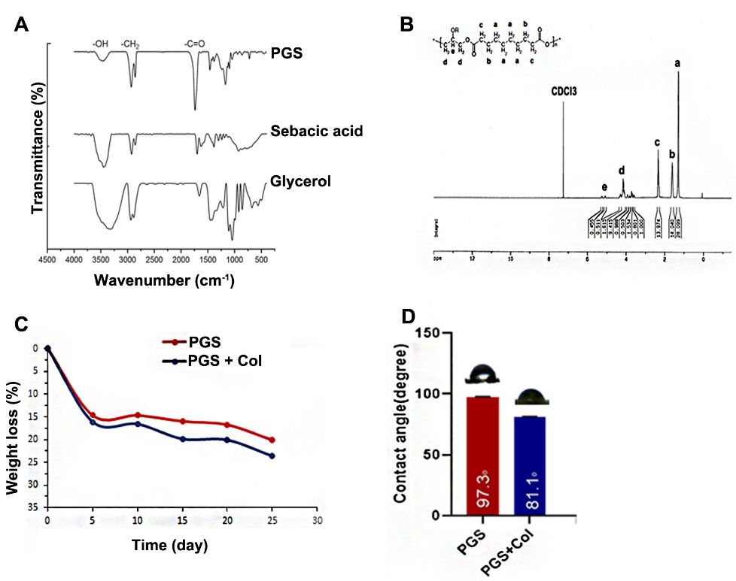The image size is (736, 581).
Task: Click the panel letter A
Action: (22, 25)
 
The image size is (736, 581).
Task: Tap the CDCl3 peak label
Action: (562, 93)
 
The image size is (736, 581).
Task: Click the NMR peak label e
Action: (604, 187)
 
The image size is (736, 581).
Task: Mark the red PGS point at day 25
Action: (272, 440)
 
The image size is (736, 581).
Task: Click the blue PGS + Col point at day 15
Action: (182, 438)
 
